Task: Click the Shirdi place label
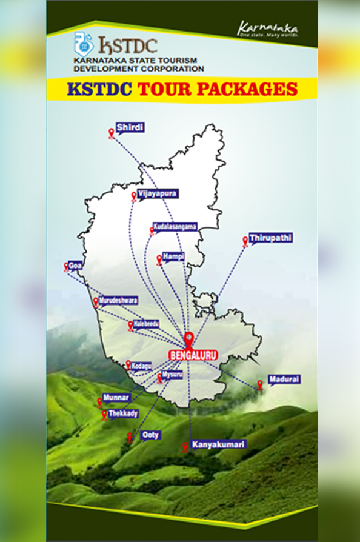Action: [x=130, y=128]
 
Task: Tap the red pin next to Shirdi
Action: [x=112, y=133]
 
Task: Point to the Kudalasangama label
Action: [x=176, y=226]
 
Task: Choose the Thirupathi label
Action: [x=271, y=237]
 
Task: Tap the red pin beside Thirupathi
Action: [x=245, y=241]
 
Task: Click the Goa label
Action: [x=75, y=266]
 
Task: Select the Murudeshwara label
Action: [x=119, y=300]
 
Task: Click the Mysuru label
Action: [x=172, y=375]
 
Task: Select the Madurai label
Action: [x=284, y=379]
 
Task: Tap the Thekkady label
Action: [x=123, y=413]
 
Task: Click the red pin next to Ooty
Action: [x=130, y=437]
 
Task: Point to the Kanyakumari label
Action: [x=218, y=445]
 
